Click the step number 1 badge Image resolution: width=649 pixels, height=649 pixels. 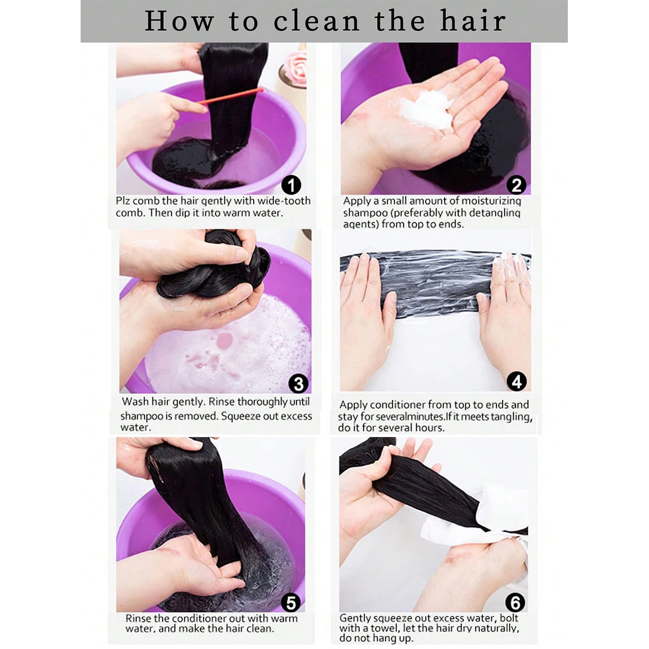[x=292, y=186]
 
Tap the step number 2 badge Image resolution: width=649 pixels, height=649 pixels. [x=516, y=186]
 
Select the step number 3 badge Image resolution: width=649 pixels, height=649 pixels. [x=298, y=383]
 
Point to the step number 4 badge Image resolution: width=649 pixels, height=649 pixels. [x=516, y=382]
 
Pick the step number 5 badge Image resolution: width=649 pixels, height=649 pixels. [x=291, y=602]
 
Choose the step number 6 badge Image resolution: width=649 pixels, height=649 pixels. [x=515, y=602]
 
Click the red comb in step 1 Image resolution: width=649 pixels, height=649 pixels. [x=230, y=96]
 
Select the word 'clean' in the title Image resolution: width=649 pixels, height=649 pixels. [x=316, y=21]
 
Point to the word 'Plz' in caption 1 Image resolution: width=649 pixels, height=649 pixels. [x=123, y=201]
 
